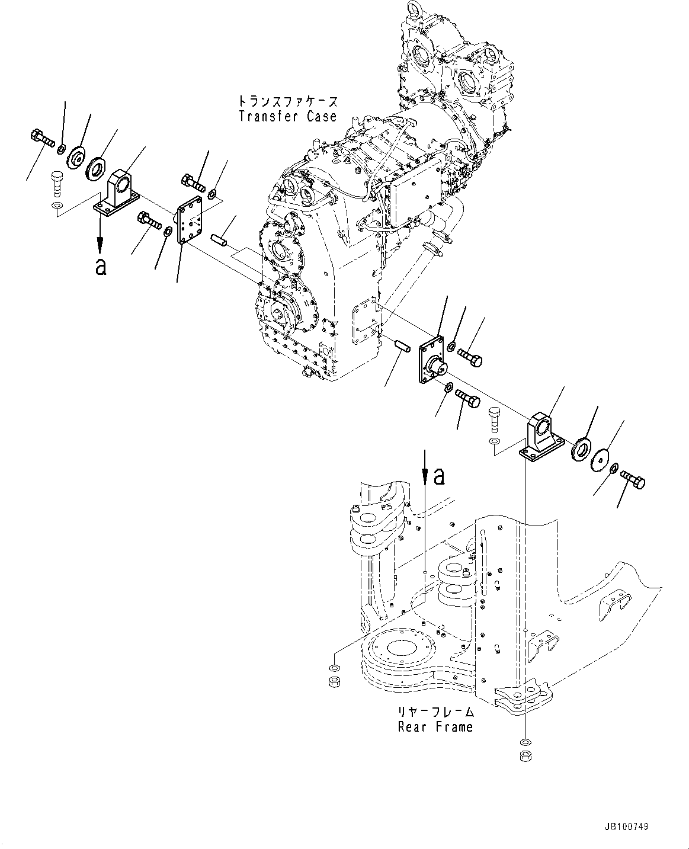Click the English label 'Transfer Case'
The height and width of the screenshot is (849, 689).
click(x=287, y=116)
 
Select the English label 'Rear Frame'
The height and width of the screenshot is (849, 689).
click(x=435, y=726)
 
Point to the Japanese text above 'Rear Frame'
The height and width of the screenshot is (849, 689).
click(x=435, y=711)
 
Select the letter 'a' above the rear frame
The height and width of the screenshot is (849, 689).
click(x=438, y=476)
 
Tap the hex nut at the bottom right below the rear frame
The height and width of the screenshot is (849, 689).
click(x=524, y=755)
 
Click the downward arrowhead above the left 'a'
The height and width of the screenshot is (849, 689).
click(x=101, y=244)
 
